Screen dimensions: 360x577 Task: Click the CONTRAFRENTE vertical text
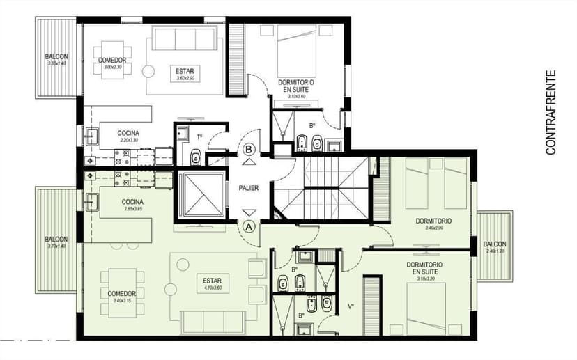click(551, 112)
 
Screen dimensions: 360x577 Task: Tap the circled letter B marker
click(249, 148)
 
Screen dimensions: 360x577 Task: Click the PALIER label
click(249, 188)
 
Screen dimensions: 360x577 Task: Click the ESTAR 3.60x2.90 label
click(185, 74)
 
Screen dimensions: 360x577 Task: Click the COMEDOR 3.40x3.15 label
click(122, 297)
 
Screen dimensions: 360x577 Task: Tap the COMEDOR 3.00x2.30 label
click(112, 63)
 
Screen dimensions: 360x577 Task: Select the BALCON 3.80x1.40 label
click(56, 59)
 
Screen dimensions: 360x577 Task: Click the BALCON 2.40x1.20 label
click(494, 246)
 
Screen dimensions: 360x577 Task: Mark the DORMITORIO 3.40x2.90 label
click(433, 224)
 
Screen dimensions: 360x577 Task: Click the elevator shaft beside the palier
click(201, 196)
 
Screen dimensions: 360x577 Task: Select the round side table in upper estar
click(148, 71)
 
